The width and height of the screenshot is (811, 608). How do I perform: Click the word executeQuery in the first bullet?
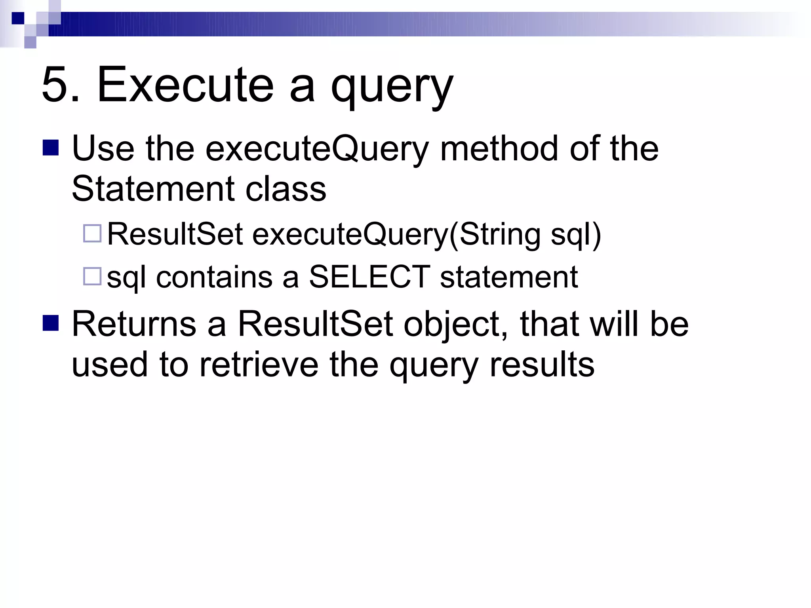coord(317,150)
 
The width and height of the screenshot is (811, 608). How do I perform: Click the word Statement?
coord(153,189)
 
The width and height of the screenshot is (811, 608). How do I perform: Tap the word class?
coord(286,189)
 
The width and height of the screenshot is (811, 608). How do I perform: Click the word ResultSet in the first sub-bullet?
coord(175,234)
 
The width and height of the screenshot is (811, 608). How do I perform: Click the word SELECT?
coord(369,277)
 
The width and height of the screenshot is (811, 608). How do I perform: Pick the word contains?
coord(214,277)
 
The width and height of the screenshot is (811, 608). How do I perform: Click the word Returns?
coord(134,324)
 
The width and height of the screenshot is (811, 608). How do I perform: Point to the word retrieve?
coord(259,365)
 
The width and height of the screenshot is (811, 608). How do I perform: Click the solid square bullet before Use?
coord(51,148)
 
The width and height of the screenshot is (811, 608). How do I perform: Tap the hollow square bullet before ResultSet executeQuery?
coord(92,233)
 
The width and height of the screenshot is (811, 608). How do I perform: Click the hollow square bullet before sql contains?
coord(92,276)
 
